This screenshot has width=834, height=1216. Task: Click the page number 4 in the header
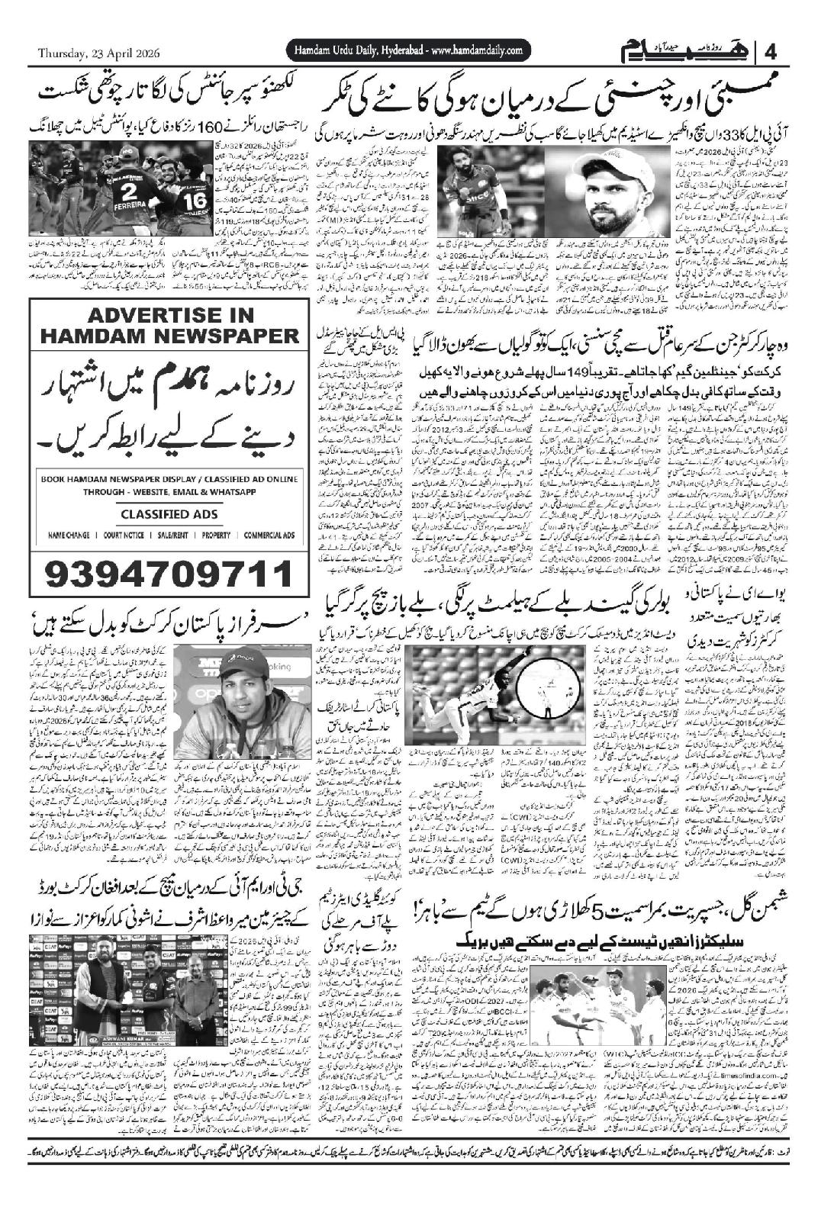click(x=770, y=53)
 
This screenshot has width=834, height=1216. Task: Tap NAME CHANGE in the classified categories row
click(x=70, y=536)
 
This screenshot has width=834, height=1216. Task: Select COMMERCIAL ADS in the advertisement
click(x=269, y=536)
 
